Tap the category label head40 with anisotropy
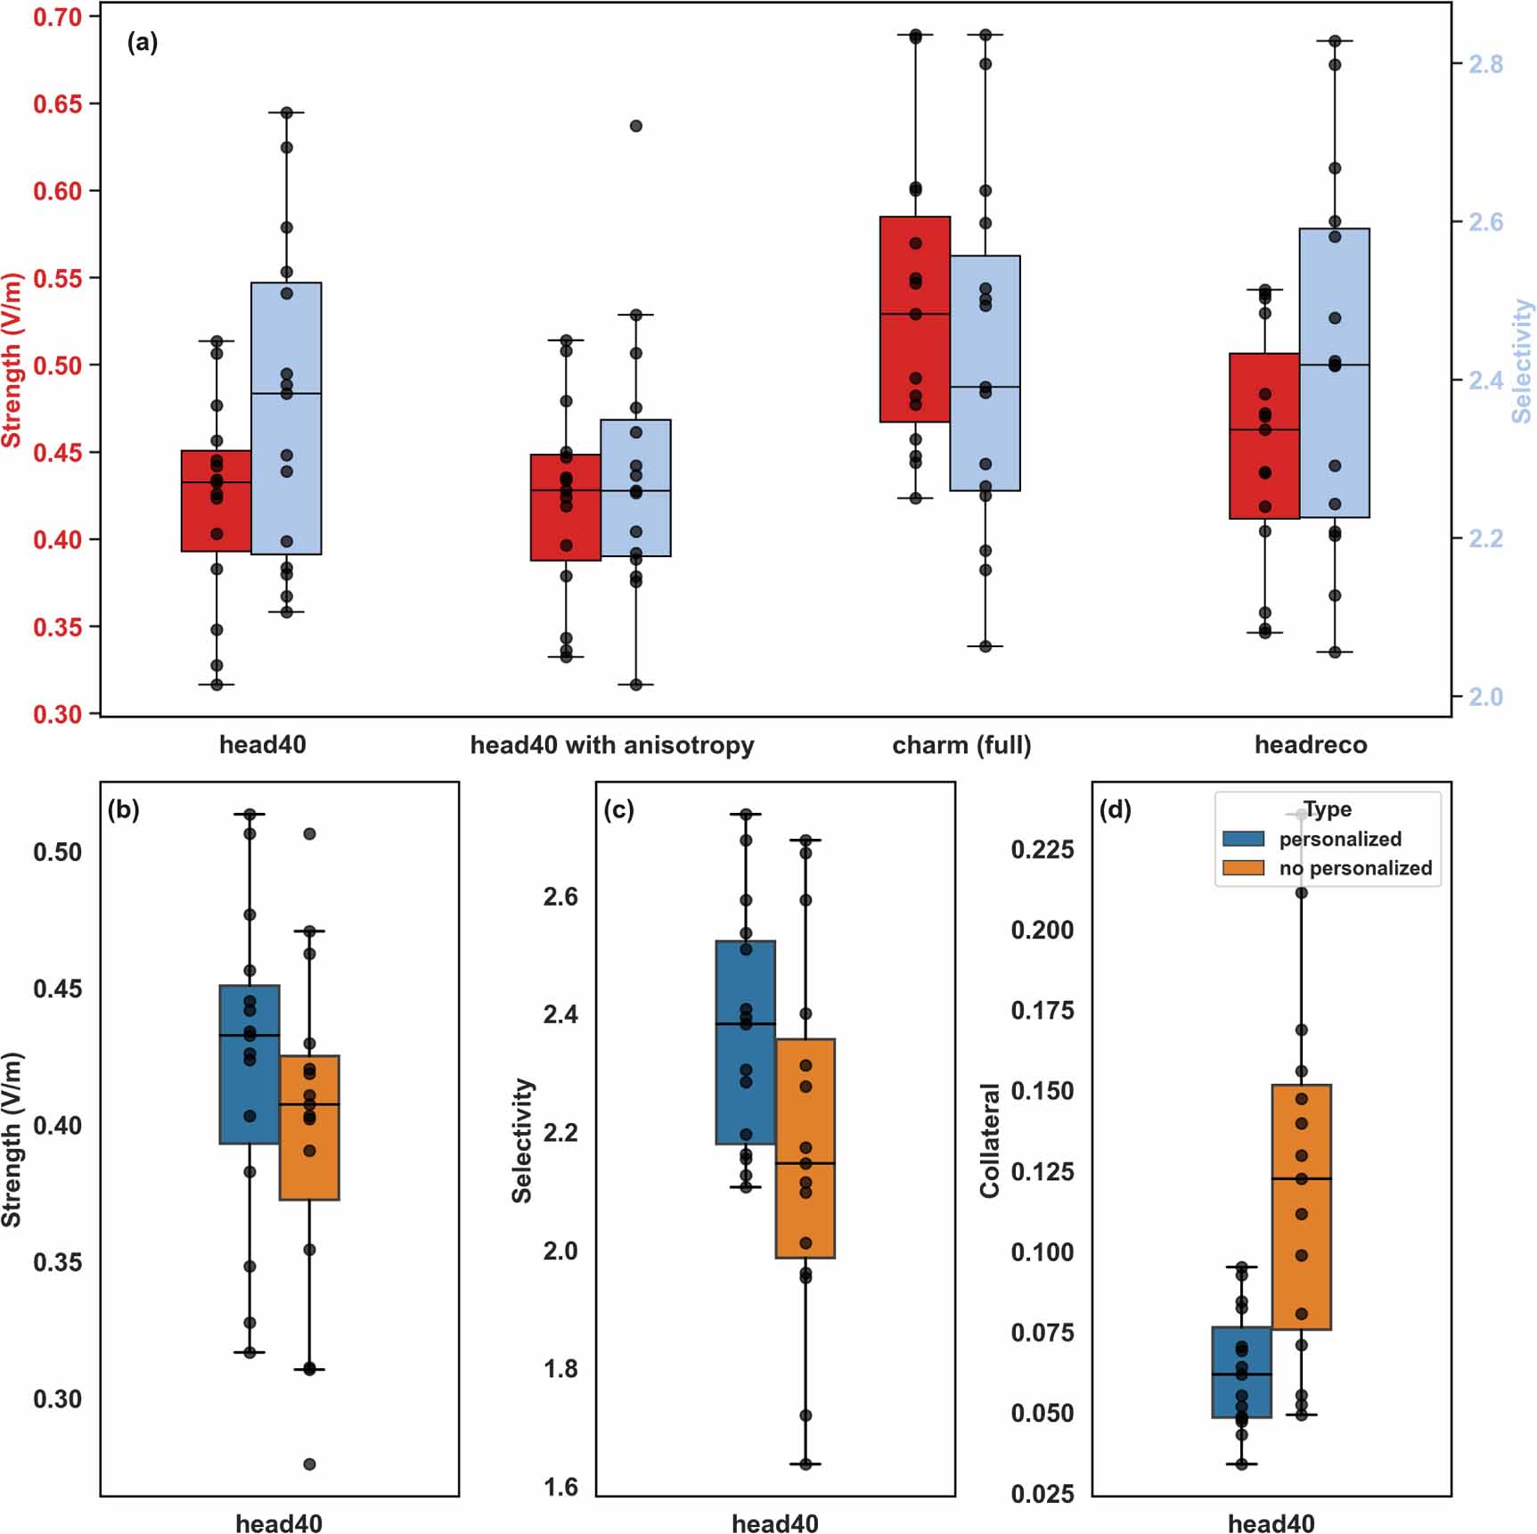611,744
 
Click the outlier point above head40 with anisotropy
636,126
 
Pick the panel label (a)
143,42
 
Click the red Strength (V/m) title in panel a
12,360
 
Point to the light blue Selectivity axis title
1522,360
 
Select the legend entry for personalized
1339,839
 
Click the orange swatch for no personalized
1243,868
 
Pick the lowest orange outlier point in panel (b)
309,1464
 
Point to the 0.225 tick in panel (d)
1042,849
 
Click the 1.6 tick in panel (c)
560,1487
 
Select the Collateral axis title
989,1141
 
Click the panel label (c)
618,809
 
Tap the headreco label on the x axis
1310,744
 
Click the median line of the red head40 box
216,482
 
